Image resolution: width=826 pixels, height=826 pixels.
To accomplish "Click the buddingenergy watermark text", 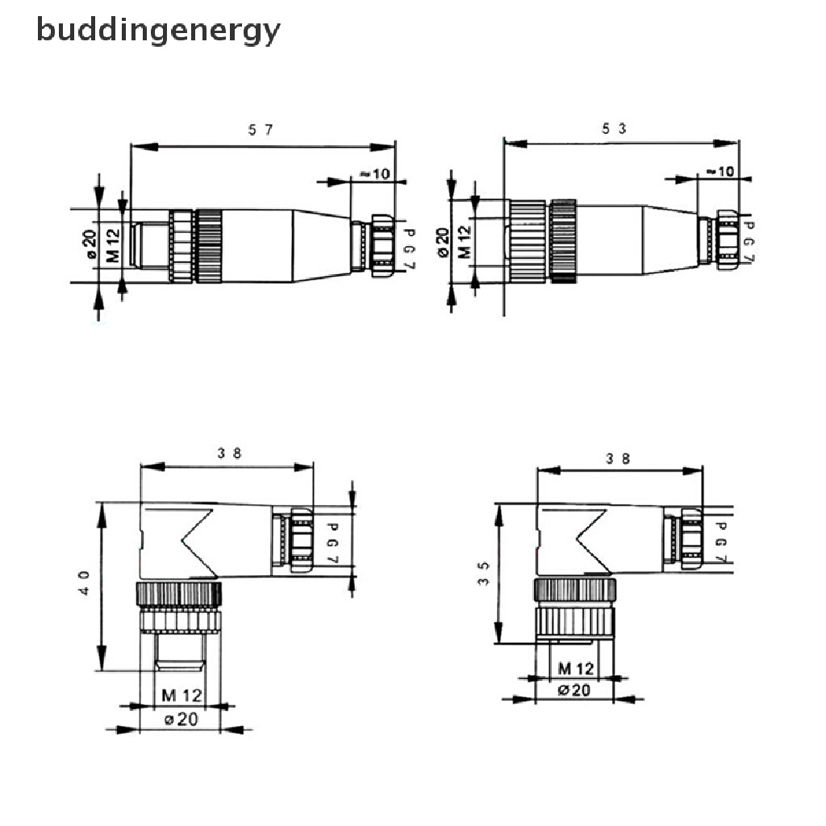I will [x=158, y=31].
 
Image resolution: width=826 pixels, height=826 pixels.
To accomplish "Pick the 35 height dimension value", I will [x=482, y=574].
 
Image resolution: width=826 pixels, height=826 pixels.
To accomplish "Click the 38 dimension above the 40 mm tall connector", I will [x=229, y=453].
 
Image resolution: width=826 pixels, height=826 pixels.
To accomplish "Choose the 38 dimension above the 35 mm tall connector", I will [x=619, y=458].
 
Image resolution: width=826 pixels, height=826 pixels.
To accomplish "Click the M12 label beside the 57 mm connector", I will [x=114, y=244].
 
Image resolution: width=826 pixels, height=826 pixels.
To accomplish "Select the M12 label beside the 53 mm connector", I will [x=465, y=241].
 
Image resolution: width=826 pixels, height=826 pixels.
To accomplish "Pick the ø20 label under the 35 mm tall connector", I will [x=575, y=690].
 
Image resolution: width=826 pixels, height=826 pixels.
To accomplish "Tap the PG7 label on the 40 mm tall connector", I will [x=330, y=543].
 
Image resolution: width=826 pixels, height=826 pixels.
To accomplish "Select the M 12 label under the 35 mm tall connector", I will [x=575, y=668].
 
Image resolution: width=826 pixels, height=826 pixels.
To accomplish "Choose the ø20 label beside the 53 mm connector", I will [x=442, y=241].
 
